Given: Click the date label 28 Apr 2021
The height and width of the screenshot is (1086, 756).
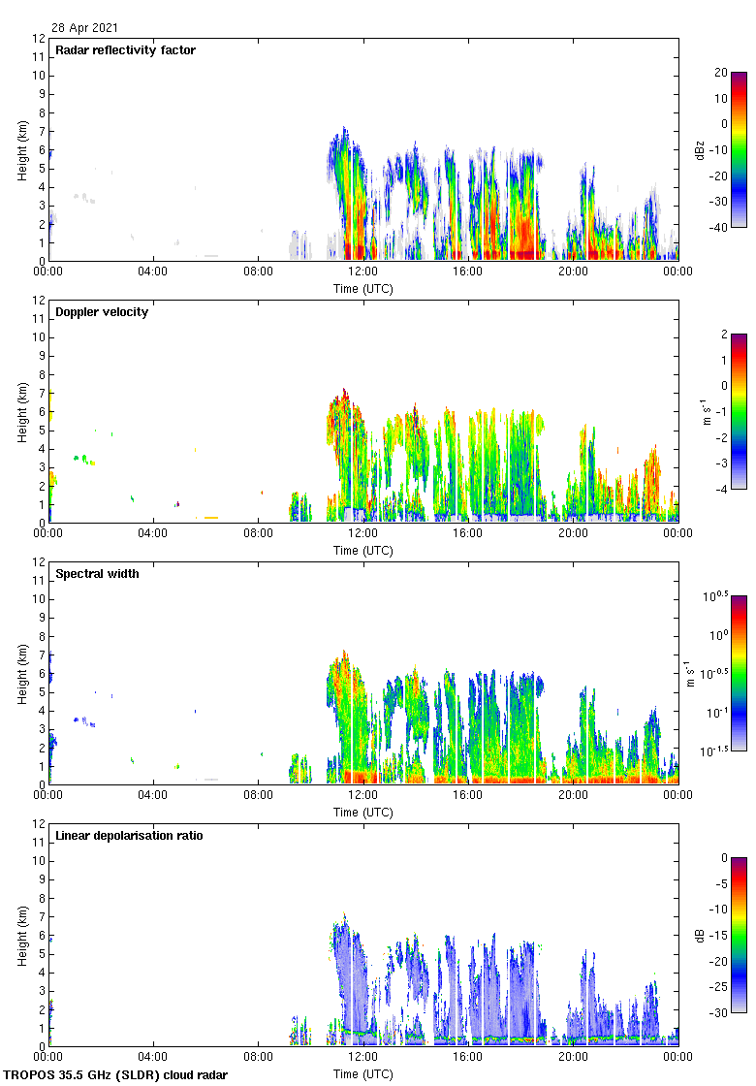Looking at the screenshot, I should [x=85, y=28].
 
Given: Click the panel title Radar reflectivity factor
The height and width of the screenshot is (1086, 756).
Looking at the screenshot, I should [x=125, y=49].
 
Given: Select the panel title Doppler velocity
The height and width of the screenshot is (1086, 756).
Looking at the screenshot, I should [x=102, y=311].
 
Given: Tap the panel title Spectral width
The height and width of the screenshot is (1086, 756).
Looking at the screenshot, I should [x=96, y=573].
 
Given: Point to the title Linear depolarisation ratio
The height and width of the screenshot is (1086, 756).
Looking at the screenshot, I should [x=129, y=835].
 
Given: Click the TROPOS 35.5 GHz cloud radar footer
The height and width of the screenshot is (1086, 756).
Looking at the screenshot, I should [x=116, y=1075].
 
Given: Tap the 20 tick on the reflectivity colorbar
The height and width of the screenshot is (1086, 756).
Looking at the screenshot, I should [x=721, y=73].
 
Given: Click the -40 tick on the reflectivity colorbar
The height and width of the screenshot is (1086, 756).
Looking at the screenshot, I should [x=721, y=228].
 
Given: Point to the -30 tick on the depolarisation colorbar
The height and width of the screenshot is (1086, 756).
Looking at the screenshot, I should [x=721, y=1013].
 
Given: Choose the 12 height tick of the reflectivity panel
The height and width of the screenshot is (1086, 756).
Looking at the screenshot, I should [x=39, y=38].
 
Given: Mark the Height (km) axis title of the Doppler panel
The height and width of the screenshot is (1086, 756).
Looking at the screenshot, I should [x=21, y=412].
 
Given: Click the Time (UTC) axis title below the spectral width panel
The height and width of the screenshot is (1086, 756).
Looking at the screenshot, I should [x=363, y=812].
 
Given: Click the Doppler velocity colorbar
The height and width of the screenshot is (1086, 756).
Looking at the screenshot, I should [x=739, y=412].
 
